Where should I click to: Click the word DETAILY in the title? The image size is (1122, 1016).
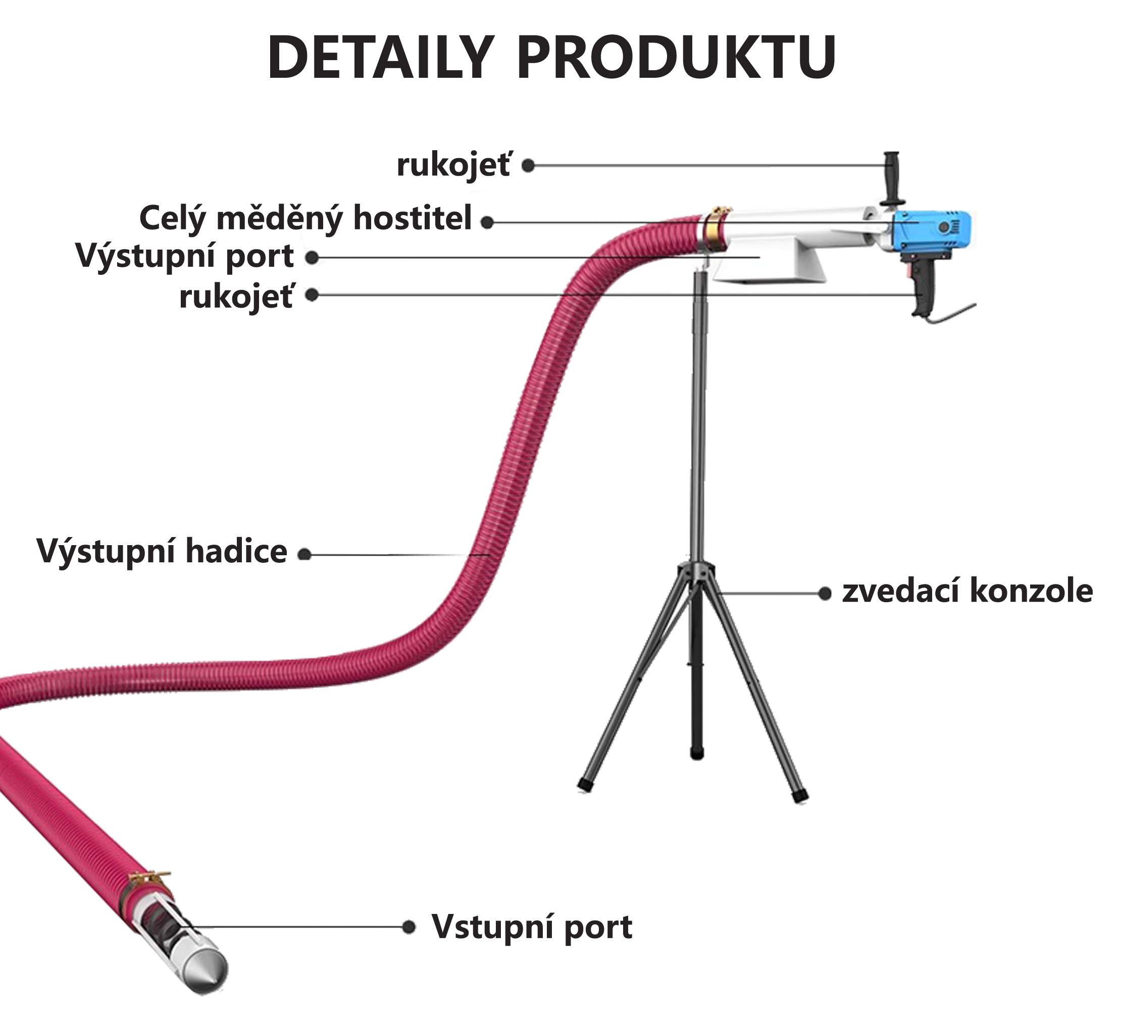(x=381, y=59)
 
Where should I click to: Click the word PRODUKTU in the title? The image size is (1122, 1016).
(x=677, y=59)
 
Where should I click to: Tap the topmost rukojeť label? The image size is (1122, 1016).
(x=453, y=166)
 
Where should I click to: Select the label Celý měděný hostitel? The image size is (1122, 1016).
(x=305, y=218)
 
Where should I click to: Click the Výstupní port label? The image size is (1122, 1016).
(x=185, y=257)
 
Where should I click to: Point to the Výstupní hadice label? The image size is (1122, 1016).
(x=162, y=551)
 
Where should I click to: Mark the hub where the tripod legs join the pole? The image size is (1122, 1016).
(x=696, y=573)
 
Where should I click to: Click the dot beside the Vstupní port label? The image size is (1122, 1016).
(x=409, y=927)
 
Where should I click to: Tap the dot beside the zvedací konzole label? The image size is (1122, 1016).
(x=825, y=594)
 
